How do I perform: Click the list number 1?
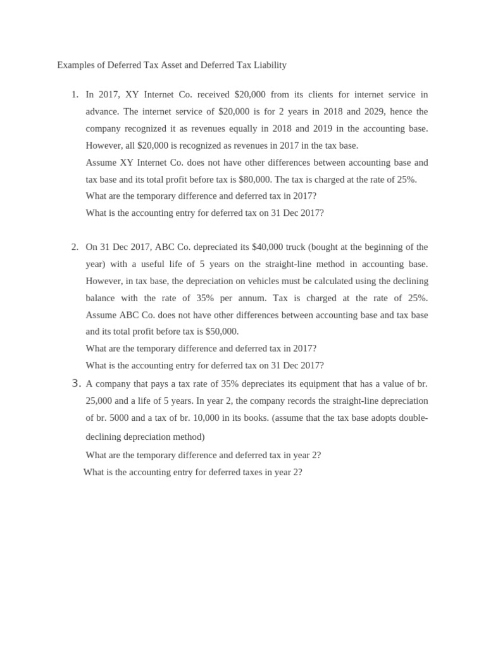pos(75,94)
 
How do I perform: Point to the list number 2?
pos(75,247)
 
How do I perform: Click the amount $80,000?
pos(289,179)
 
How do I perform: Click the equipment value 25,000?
pos(99,401)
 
